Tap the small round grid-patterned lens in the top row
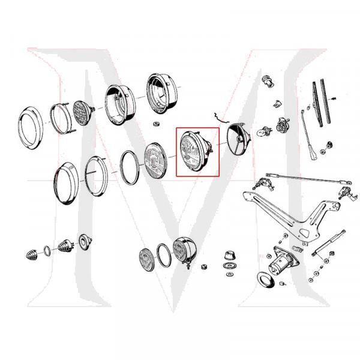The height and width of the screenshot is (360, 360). click(82, 112)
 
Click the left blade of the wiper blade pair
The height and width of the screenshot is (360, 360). click(316, 102)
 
